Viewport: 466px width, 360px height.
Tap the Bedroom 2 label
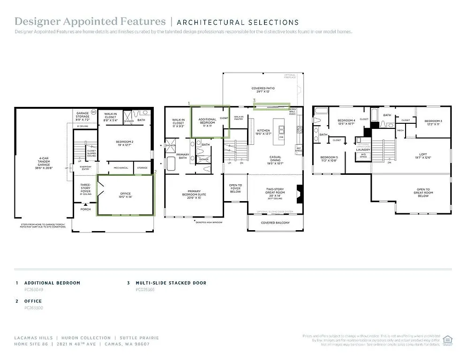click(125, 143)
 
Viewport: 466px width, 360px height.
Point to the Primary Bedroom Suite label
click(194, 194)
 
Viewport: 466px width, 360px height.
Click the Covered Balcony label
click(275, 223)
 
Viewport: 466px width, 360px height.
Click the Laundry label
click(363, 150)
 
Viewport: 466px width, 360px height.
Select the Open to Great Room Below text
click(423, 193)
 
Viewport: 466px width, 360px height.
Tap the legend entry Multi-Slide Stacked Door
click(171, 283)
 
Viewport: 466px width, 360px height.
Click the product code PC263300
click(33, 308)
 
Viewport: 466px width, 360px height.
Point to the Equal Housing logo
click(448, 340)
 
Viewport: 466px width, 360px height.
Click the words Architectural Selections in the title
click(238, 22)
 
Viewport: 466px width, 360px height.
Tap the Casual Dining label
click(275, 160)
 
